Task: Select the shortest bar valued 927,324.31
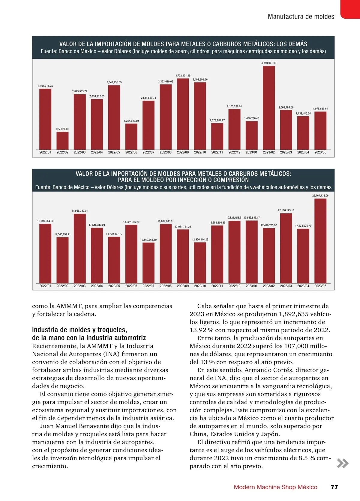62,141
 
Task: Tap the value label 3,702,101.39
183,76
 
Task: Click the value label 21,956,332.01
79,211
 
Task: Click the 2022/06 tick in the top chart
131,152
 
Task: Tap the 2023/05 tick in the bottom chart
320,286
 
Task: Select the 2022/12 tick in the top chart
234,152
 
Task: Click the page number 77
334,487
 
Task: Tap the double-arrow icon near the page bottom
343,463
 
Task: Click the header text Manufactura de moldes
301,16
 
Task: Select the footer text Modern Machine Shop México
275,487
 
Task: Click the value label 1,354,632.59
131,121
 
